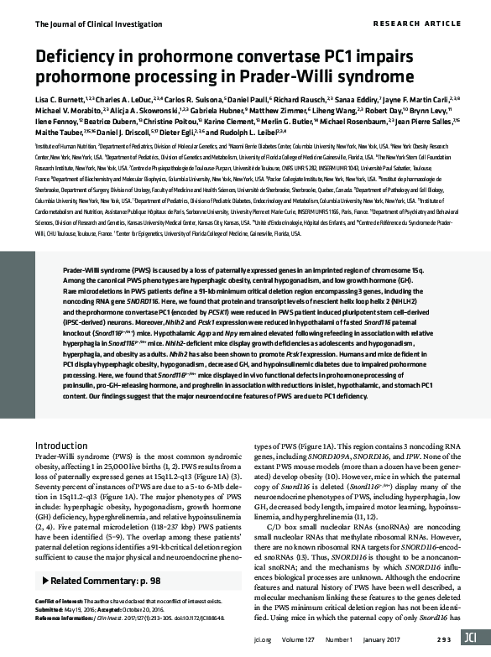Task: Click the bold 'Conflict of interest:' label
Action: point(57,602)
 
